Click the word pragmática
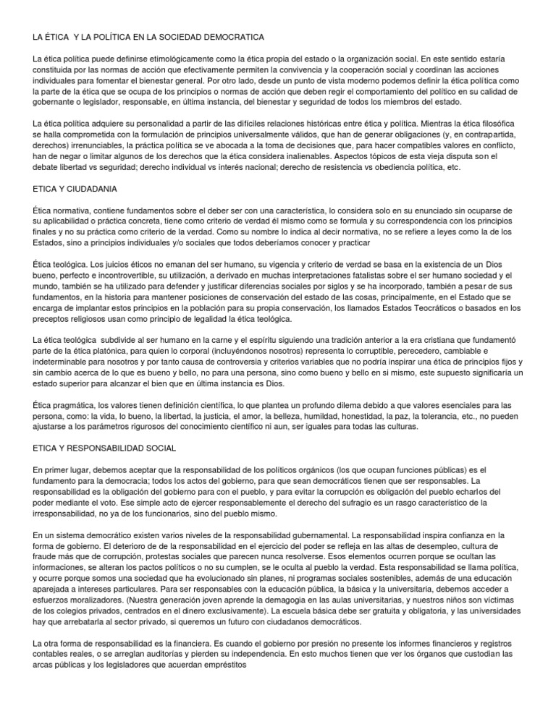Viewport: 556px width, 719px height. tap(72, 405)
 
